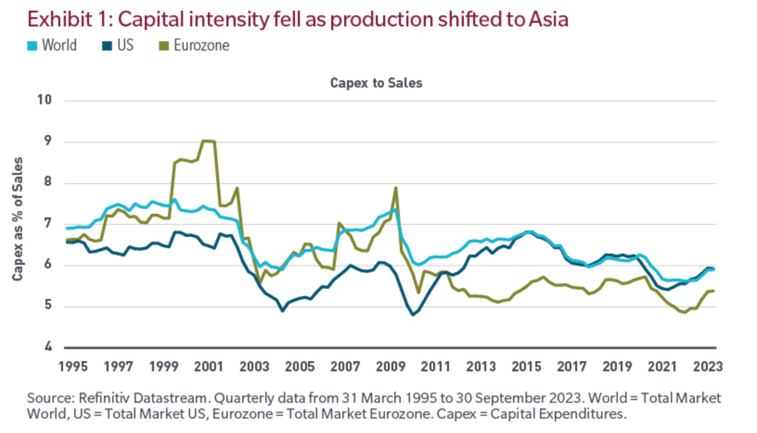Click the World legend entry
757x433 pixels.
(52, 45)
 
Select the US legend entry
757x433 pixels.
(118, 45)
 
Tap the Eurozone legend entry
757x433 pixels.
(194, 45)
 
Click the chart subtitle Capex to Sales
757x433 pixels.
(376, 83)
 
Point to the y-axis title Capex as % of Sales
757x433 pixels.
(18, 219)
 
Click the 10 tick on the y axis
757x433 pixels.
(45, 100)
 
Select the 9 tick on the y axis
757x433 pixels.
(48, 141)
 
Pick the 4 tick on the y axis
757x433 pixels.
(48, 347)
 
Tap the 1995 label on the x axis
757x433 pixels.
(73, 367)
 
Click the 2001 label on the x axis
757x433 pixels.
(209, 367)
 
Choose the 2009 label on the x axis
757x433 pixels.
(391, 367)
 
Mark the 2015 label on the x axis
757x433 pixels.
(526, 367)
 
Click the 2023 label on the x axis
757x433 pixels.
(708, 367)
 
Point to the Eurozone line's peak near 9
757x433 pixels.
(208, 141)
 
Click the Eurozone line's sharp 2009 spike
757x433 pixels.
(396, 188)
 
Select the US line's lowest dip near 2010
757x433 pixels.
(413, 315)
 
